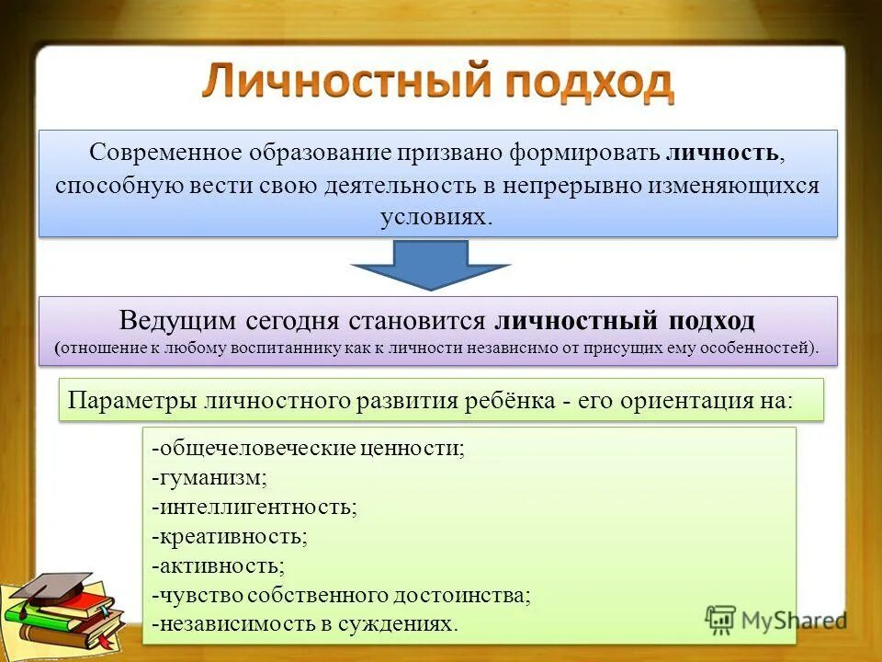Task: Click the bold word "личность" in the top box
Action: (x=725, y=152)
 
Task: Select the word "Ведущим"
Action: (x=178, y=321)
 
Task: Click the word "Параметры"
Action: (x=134, y=401)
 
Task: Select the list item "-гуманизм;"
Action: (x=210, y=477)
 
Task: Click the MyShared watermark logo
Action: (x=775, y=621)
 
